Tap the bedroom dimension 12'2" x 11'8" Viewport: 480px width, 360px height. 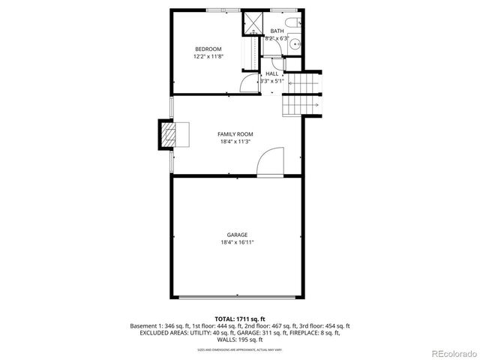(208, 55)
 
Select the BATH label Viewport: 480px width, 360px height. (277, 31)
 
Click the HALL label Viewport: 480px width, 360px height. (271, 73)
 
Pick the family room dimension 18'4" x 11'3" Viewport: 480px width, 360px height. (235, 141)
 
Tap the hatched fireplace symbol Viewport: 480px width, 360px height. (170, 134)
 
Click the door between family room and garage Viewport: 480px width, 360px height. (269, 162)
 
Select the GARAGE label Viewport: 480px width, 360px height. (238, 235)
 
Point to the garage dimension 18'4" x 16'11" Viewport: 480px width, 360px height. (238, 242)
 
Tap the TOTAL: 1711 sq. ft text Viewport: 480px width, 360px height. (239, 319)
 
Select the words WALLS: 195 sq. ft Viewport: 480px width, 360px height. (240, 340)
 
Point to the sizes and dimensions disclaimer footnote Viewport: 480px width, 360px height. (239, 349)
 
